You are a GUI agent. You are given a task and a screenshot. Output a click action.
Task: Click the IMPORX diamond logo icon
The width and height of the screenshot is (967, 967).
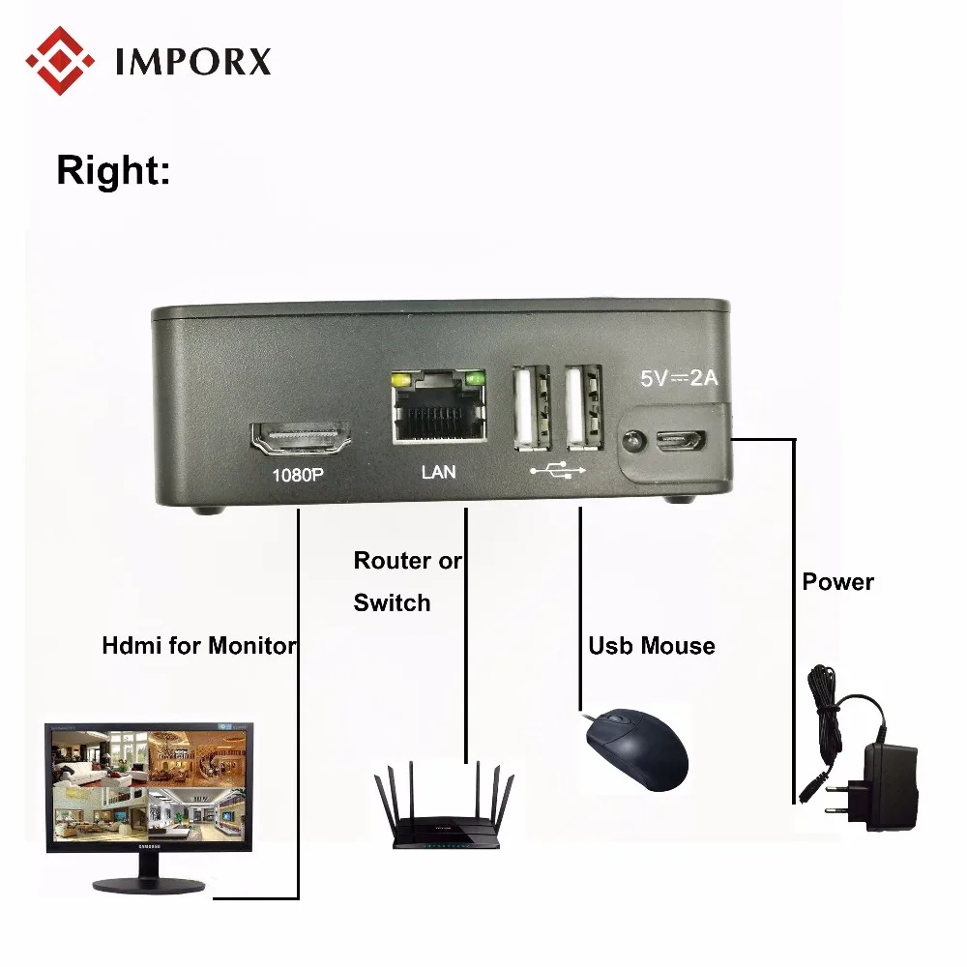click(61, 59)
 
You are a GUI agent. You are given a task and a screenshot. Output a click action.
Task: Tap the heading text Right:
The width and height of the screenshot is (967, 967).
click(113, 170)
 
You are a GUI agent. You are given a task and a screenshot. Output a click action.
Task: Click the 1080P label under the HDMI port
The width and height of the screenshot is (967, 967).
click(299, 475)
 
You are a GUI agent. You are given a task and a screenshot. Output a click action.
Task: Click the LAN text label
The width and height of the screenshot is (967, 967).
click(438, 473)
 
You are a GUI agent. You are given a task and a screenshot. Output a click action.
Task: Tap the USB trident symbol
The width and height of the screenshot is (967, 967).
click(558, 471)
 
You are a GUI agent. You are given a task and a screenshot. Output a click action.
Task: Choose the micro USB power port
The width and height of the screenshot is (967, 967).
click(680, 440)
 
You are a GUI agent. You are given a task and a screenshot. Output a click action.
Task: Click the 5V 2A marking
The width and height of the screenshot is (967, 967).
click(679, 378)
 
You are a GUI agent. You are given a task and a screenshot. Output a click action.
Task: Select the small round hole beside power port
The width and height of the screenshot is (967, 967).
click(631, 441)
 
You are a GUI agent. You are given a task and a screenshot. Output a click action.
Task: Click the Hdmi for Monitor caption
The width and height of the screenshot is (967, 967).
click(198, 645)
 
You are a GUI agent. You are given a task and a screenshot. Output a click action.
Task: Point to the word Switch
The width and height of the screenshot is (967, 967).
click(392, 602)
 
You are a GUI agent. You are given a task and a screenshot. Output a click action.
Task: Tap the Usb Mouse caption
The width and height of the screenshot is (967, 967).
click(652, 645)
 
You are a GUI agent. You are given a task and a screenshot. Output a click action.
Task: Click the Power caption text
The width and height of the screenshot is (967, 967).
click(837, 582)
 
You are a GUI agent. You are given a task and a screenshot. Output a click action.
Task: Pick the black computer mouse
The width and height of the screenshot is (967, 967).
click(638, 748)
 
